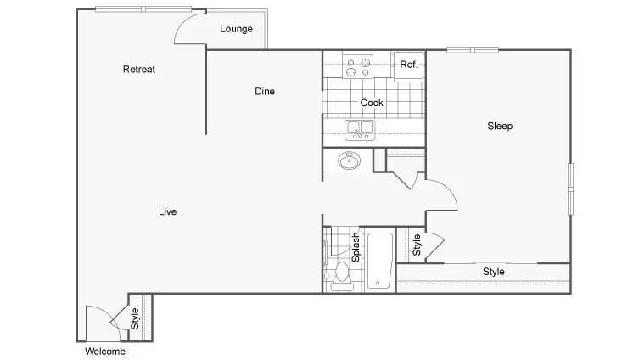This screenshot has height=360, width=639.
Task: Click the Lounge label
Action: pos(237,29)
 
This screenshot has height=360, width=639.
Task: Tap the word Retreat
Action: pos(139,70)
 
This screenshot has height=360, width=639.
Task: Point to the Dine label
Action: pos(265,92)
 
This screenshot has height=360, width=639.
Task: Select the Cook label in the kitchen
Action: pos(372,103)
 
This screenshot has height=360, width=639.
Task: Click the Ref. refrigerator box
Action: pos(409,66)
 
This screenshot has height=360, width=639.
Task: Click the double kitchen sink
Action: pos(360,130)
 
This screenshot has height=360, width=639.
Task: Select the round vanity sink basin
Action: pos(350,160)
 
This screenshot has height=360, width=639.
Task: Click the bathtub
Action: pos(380,260)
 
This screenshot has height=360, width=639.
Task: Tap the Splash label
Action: pos(356,247)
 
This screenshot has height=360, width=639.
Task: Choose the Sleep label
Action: pos(500,126)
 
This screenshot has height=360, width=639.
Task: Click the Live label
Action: pos(167,211)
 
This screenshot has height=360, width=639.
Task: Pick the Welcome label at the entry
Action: pos(105,351)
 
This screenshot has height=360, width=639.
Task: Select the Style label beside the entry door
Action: pos(135,318)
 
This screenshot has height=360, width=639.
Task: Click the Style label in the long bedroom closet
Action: pos(494,272)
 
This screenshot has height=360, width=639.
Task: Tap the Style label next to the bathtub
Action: pos(417,245)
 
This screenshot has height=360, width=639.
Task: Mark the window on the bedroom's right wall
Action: pos(570,189)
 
